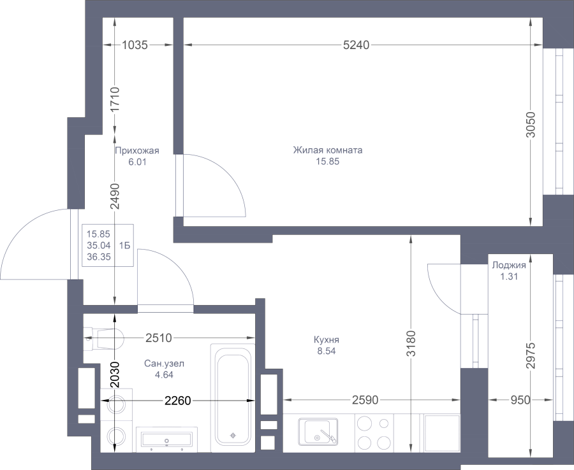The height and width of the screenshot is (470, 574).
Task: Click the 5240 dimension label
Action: tap(356, 45)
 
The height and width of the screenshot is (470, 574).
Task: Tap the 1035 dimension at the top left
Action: tap(135, 45)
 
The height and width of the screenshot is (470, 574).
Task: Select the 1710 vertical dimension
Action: tap(115, 99)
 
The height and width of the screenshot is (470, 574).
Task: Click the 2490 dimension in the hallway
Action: tap(115, 198)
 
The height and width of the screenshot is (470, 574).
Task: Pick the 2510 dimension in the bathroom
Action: tap(157, 338)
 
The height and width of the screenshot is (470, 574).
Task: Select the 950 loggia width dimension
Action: tap(520, 401)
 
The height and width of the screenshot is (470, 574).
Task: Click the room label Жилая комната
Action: tap(328, 151)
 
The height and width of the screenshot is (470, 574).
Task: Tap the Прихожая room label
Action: tap(136, 151)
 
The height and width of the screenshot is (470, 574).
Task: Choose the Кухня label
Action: tap(326, 339)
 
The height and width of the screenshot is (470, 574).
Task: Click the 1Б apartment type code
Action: tap(124, 244)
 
